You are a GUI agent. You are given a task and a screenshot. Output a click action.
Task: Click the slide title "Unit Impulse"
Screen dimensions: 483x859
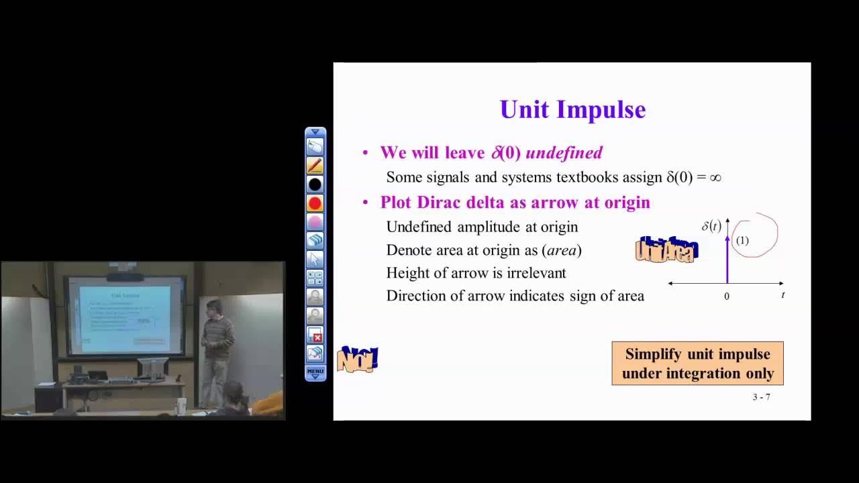[572, 109]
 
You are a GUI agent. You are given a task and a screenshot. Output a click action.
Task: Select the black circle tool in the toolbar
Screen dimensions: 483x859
[315, 184]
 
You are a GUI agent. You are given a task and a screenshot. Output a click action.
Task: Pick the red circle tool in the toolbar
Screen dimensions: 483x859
[315, 203]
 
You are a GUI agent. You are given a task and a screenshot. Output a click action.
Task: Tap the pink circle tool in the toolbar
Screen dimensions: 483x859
[315, 221]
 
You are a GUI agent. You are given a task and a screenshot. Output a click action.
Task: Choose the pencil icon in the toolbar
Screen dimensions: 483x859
[315, 165]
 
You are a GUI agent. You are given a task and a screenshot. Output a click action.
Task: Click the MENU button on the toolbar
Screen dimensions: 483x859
[315, 372]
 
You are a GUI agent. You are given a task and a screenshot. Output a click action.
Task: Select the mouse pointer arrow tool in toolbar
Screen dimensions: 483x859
[315, 259]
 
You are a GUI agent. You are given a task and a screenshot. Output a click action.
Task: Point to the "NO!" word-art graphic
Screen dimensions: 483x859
[357, 360]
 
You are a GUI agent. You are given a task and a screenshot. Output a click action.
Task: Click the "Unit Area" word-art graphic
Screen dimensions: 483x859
[666, 250]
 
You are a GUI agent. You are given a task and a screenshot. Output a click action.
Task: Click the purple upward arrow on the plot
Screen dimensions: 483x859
[727, 258]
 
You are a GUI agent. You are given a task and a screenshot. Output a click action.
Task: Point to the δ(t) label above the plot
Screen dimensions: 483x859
[711, 226]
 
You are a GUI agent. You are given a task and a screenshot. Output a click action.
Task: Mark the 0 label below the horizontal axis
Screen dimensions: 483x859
[726, 296]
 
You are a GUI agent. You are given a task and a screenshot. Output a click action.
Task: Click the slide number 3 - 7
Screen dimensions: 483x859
[761, 397]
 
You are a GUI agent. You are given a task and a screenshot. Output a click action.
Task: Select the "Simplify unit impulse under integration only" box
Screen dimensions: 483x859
[697, 364]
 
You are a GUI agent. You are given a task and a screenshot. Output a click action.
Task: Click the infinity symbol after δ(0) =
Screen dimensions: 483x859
[715, 178]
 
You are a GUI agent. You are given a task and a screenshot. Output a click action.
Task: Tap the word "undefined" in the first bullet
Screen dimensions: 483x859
[564, 153]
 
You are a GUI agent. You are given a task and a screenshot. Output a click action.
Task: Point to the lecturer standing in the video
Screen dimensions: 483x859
[216, 349]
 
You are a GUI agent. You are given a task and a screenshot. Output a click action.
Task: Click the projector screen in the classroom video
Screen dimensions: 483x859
[125, 318]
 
